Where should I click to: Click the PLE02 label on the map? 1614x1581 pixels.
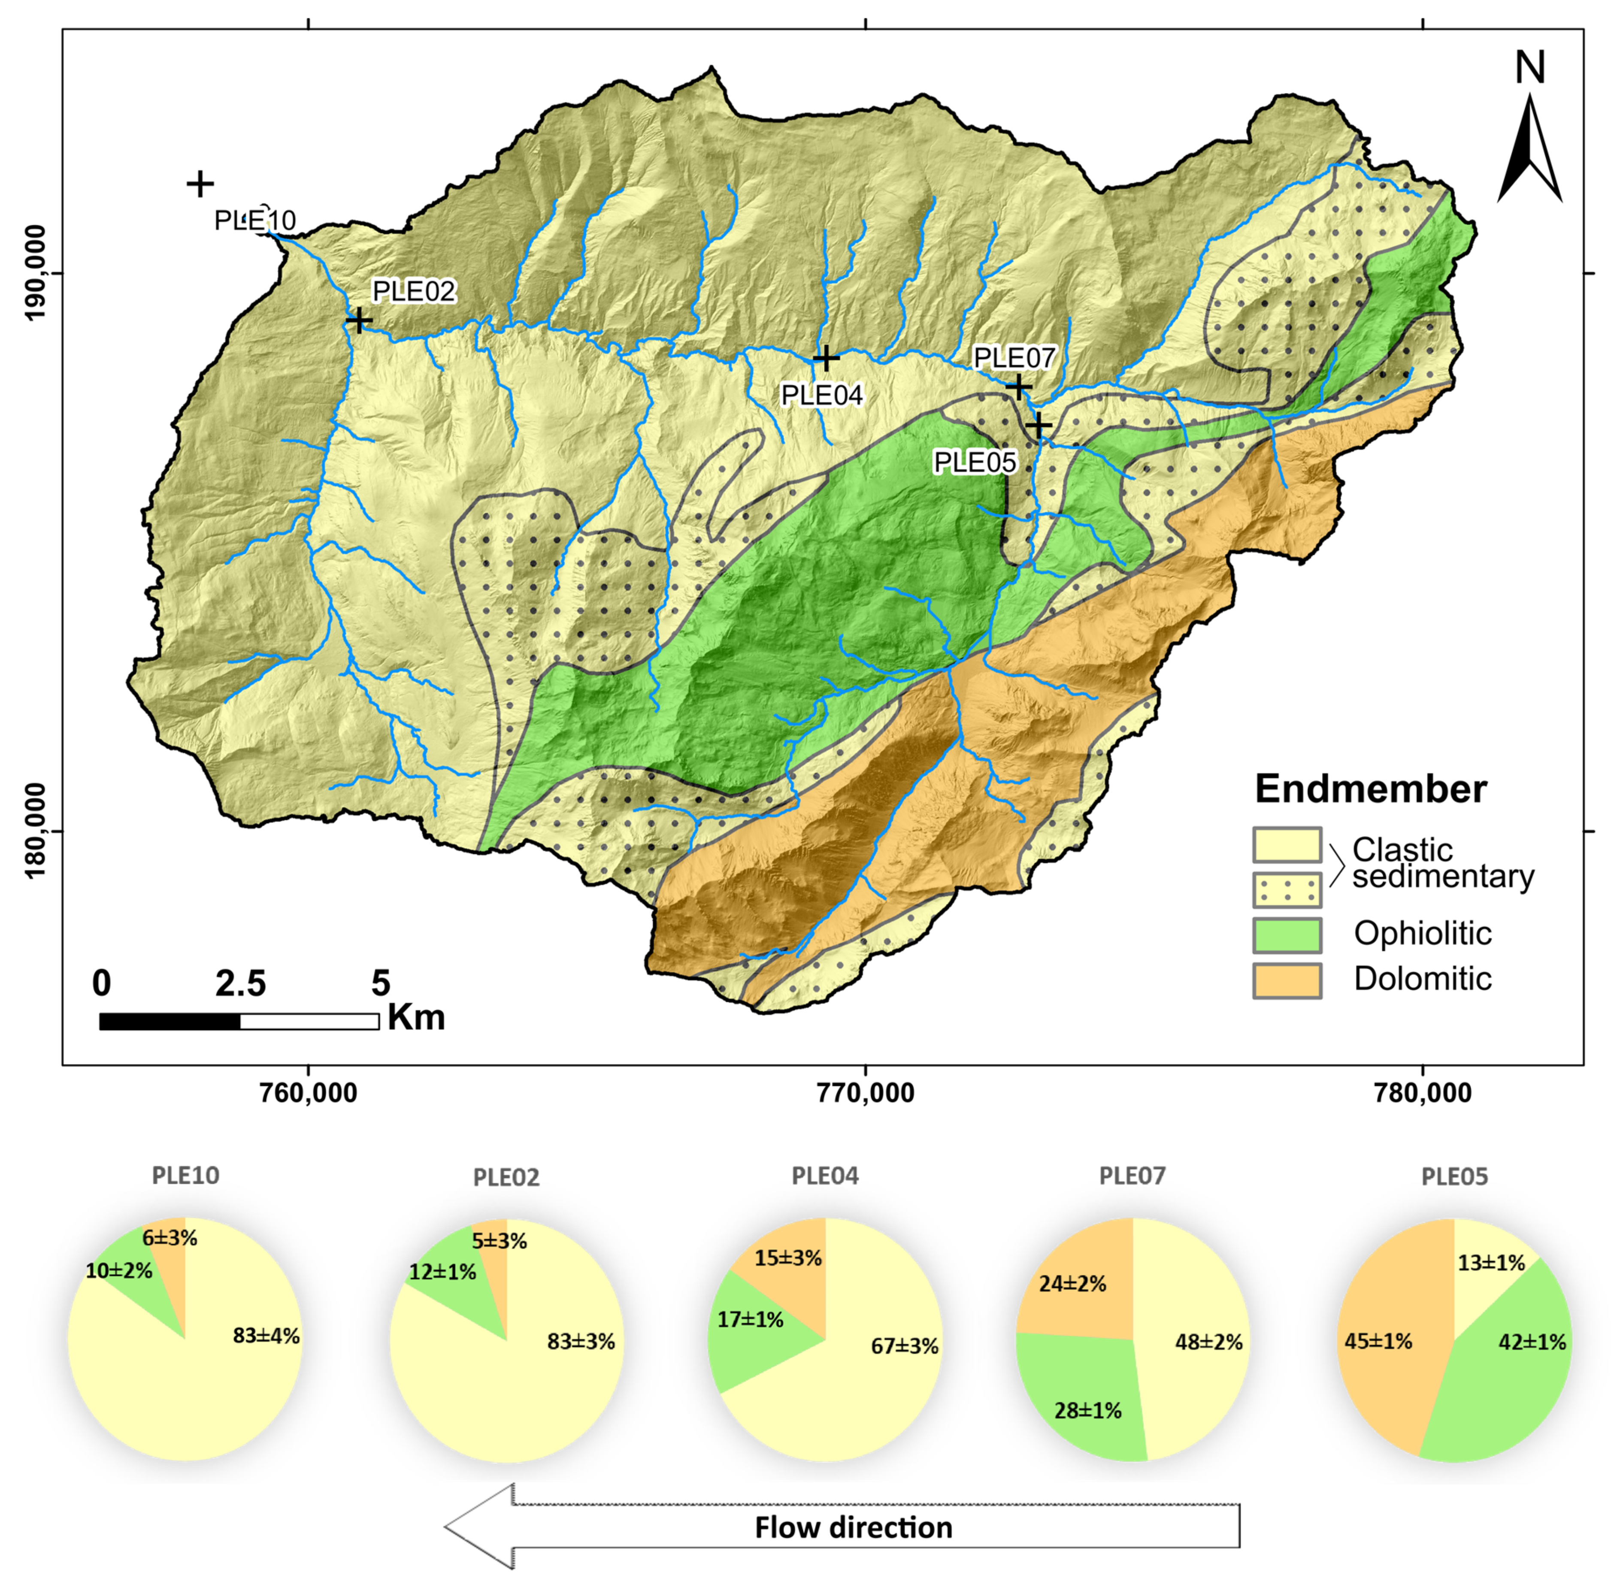[x=414, y=291]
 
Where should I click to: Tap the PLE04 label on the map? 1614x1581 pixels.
[x=821, y=395]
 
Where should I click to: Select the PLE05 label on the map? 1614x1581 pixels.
[x=975, y=463]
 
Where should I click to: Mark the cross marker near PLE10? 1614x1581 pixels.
[x=200, y=184]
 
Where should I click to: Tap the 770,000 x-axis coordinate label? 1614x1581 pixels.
[x=866, y=1093]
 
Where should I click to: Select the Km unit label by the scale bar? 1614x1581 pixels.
[x=416, y=1017]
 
